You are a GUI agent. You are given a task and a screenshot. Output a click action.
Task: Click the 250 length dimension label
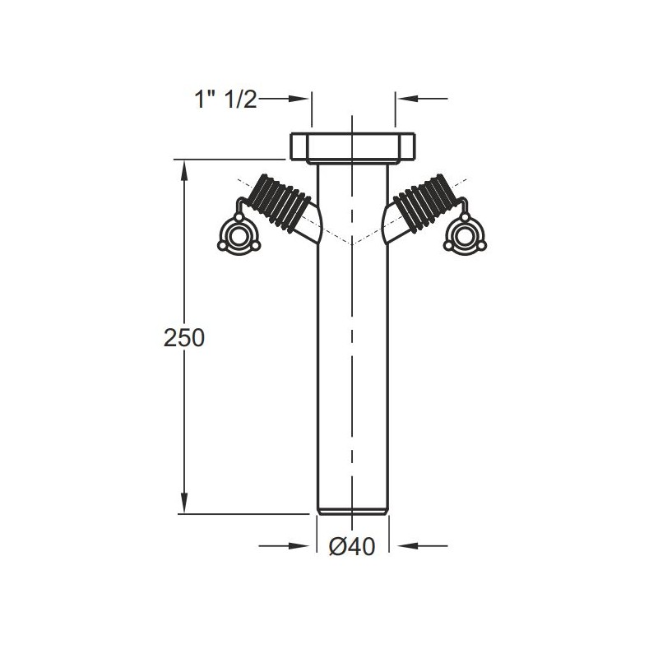(x=183, y=338)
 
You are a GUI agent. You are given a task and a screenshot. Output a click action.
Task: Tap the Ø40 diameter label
(x=352, y=546)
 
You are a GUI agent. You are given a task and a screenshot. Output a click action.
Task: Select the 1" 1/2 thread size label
(x=225, y=100)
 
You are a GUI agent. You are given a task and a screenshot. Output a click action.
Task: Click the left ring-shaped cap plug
(x=239, y=235)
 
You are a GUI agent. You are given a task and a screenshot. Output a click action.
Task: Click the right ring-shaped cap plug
(x=465, y=235)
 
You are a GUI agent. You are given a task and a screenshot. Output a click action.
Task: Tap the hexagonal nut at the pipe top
(x=353, y=146)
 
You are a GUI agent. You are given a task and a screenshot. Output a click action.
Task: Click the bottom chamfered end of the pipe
(x=353, y=511)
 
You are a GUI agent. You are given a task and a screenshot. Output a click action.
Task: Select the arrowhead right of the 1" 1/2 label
(x=299, y=99)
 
